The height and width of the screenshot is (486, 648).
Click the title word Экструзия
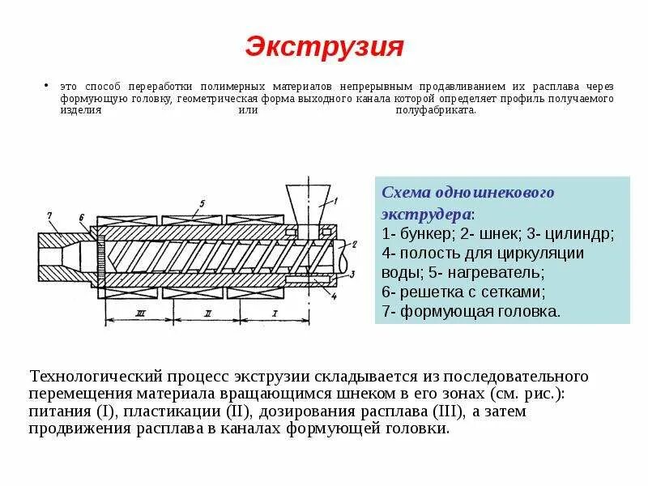tap(324, 46)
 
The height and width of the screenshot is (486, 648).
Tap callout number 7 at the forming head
tap(49, 215)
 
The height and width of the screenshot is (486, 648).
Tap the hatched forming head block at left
tap(61, 254)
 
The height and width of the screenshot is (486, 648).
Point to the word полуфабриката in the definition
tap(435, 111)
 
